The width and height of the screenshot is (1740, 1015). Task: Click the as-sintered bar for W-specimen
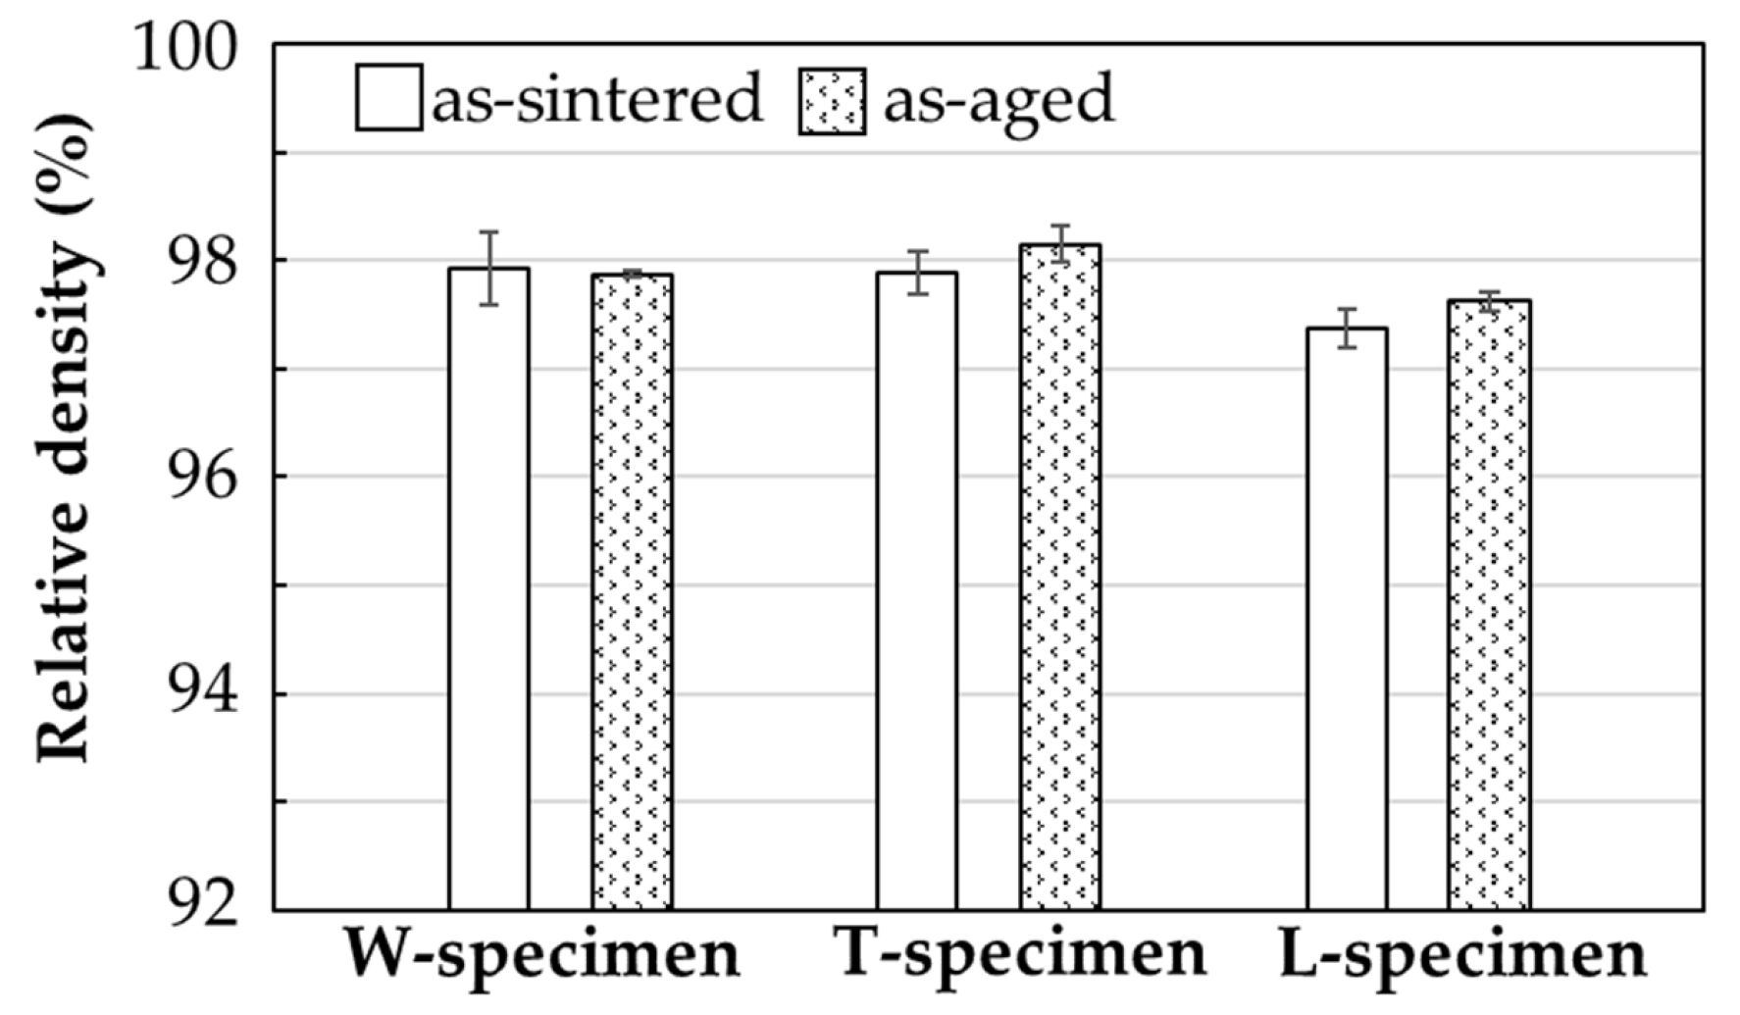pyautogui.click(x=488, y=588)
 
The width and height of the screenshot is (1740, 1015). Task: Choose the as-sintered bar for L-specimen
pyautogui.click(x=1347, y=619)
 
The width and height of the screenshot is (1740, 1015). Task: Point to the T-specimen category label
pyautogui.click(x=1020, y=952)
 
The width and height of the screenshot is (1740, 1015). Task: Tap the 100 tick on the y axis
pyautogui.click(x=186, y=47)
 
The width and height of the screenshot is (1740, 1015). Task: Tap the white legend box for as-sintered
pyautogui.click(x=389, y=98)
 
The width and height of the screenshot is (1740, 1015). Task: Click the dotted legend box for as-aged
pyautogui.click(x=833, y=101)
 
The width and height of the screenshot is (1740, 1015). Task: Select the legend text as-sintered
pyautogui.click(x=596, y=98)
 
